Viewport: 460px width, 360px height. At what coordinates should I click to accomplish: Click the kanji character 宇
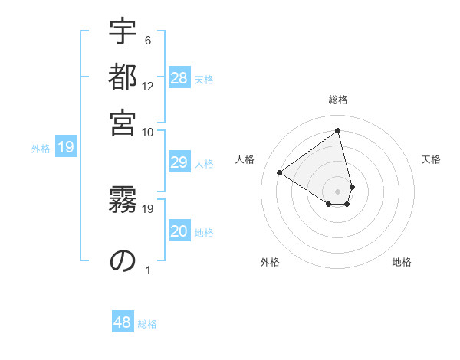[x=123, y=34]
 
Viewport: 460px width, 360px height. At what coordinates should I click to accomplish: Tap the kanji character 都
[x=123, y=78]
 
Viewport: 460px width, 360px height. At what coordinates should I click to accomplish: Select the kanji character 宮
[x=123, y=123]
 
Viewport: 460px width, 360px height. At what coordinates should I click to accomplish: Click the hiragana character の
[x=123, y=261]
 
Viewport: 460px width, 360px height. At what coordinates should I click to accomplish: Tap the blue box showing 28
[x=179, y=78]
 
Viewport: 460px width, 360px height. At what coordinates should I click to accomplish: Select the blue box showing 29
[x=179, y=162]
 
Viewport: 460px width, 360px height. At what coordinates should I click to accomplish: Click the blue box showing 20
[x=179, y=232]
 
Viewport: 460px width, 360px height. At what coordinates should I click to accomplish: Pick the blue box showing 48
[x=123, y=322]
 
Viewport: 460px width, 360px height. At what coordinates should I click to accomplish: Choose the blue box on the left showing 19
[x=66, y=148]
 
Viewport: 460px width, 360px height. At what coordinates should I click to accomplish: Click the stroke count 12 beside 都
[x=148, y=87]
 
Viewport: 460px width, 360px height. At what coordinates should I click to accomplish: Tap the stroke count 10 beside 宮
[x=148, y=132]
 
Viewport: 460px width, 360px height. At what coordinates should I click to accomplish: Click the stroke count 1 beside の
[x=148, y=270]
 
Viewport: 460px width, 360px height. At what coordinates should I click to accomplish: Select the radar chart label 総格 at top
[x=338, y=100]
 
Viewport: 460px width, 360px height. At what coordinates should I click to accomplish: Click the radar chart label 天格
[x=431, y=159]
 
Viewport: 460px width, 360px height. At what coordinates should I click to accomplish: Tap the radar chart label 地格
[x=402, y=263]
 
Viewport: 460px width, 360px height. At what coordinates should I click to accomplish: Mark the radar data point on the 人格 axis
[x=280, y=172]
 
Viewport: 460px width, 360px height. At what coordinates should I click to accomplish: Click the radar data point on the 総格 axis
[x=338, y=130]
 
